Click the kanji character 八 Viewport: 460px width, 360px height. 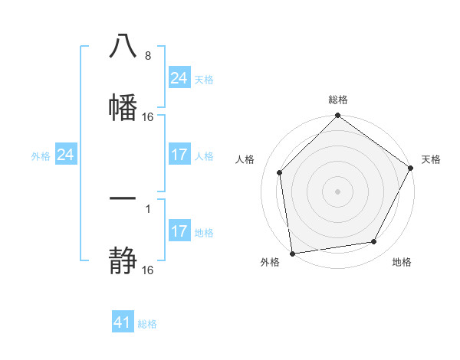(x=123, y=47)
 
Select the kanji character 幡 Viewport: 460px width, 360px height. (x=123, y=106)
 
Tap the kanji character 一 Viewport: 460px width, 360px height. (x=123, y=199)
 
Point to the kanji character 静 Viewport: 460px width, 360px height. (x=123, y=260)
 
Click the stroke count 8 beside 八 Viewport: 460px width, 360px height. (x=147, y=57)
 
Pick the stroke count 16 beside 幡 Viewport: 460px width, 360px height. (x=148, y=117)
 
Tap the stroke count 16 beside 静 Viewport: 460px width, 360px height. (x=148, y=270)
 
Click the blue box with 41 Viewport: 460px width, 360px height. (x=123, y=322)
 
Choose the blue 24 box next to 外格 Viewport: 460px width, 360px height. (x=65, y=155)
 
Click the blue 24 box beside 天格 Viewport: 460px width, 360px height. (x=179, y=78)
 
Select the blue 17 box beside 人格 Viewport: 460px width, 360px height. (x=179, y=155)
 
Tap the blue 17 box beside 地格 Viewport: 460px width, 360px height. (x=179, y=231)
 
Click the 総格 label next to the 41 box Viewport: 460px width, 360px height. (x=147, y=324)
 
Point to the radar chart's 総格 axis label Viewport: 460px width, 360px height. (x=338, y=100)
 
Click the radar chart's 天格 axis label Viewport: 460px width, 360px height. (x=431, y=159)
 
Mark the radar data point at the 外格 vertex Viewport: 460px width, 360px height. (x=292, y=253)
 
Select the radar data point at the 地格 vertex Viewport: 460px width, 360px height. (x=374, y=241)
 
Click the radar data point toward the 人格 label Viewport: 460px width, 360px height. (x=280, y=172)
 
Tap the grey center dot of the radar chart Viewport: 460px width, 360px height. (x=338, y=191)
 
